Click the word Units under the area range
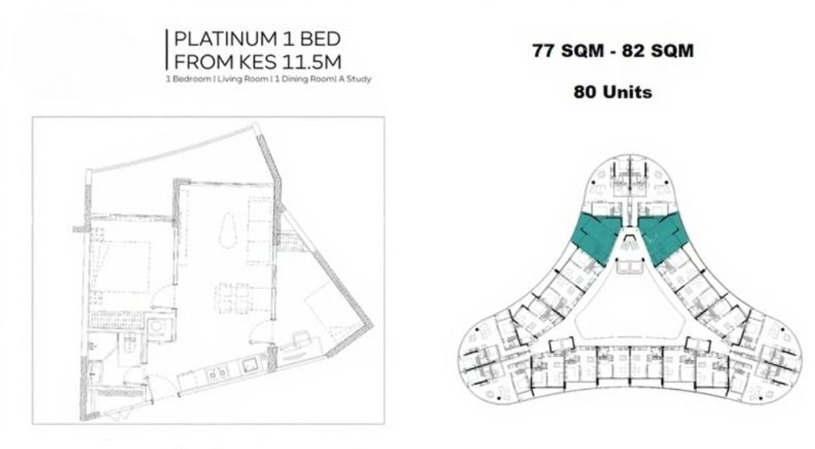pyautogui.click(x=625, y=92)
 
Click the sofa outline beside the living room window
pyautogui.click(x=259, y=231)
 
